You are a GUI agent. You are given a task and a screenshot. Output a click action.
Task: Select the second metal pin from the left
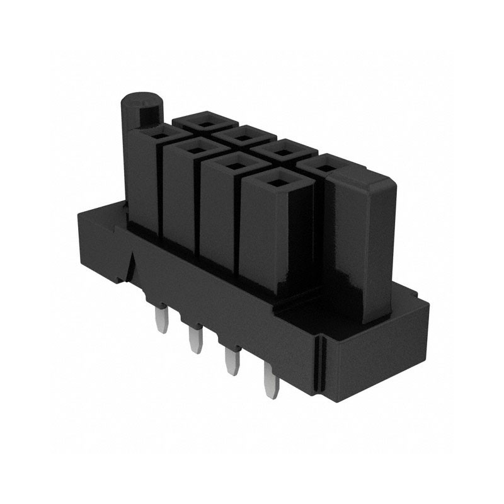pyautogui.click(x=193, y=341)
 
